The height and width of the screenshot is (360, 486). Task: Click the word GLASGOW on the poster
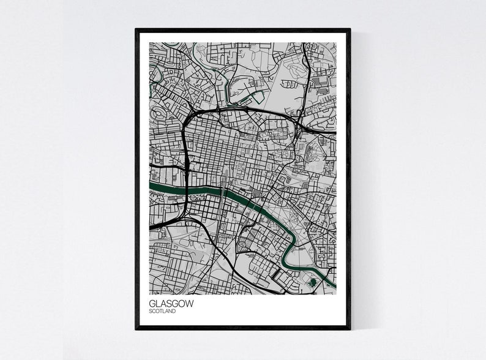pyautogui.click(x=165, y=303)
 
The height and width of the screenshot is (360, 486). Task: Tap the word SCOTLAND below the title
pyautogui.click(x=162, y=311)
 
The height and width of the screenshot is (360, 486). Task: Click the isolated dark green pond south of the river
pyautogui.click(x=313, y=281)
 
